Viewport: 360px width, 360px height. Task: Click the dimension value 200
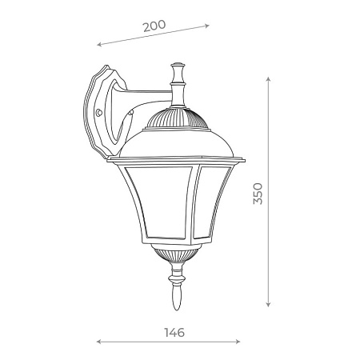(x=154, y=25)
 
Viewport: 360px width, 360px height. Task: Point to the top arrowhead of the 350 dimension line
(x=268, y=80)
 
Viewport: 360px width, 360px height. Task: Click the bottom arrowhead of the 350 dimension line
(x=268, y=305)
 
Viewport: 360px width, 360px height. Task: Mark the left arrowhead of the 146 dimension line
(x=98, y=342)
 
